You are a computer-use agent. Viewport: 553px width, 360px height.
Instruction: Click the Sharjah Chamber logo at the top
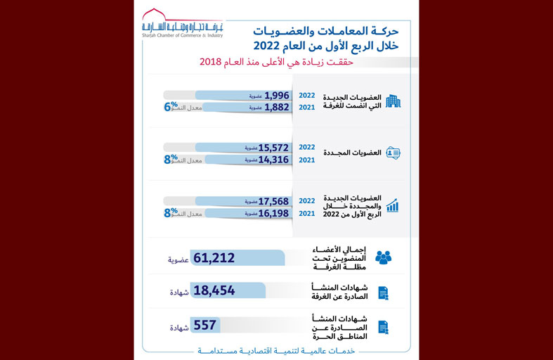(x=182, y=23)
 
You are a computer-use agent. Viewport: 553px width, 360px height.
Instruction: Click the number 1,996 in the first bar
(x=277, y=95)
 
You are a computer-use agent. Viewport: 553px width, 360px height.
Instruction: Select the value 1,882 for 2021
(x=277, y=108)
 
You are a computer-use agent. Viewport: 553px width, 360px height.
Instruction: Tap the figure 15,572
(x=275, y=148)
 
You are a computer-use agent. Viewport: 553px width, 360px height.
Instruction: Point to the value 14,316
(x=275, y=160)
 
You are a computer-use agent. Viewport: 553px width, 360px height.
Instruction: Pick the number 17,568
(x=275, y=201)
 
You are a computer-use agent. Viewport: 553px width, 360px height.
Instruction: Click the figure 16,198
(x=275, y=213)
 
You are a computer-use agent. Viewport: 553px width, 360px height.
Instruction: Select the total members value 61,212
(x=214, y=258)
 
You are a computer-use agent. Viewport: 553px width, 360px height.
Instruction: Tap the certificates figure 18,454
(x=214, y=291)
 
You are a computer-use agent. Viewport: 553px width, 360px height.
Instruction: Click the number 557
(x=204, y=326)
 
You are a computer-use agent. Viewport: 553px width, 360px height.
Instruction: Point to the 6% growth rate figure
(x=170, y=107)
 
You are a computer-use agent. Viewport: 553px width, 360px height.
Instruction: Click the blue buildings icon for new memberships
(x=393, y=101)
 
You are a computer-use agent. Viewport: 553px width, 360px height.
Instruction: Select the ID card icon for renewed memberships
(x=393, y=153)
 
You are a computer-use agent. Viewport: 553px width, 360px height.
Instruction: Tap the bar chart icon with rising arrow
(x=392, y=205)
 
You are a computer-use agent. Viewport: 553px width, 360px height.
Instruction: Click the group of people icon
(x=383, y=258)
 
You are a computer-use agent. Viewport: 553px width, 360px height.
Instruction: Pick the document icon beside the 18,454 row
(x=383, y=292)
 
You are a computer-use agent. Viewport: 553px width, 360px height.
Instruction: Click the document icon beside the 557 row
(x=383, y=327)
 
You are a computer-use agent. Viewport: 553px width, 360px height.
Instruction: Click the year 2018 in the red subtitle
(x=210, y=63)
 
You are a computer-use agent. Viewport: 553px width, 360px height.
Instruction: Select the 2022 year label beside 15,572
(x=307, y=148)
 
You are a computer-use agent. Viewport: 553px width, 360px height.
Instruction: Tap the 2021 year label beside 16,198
(x=307, y=213)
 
